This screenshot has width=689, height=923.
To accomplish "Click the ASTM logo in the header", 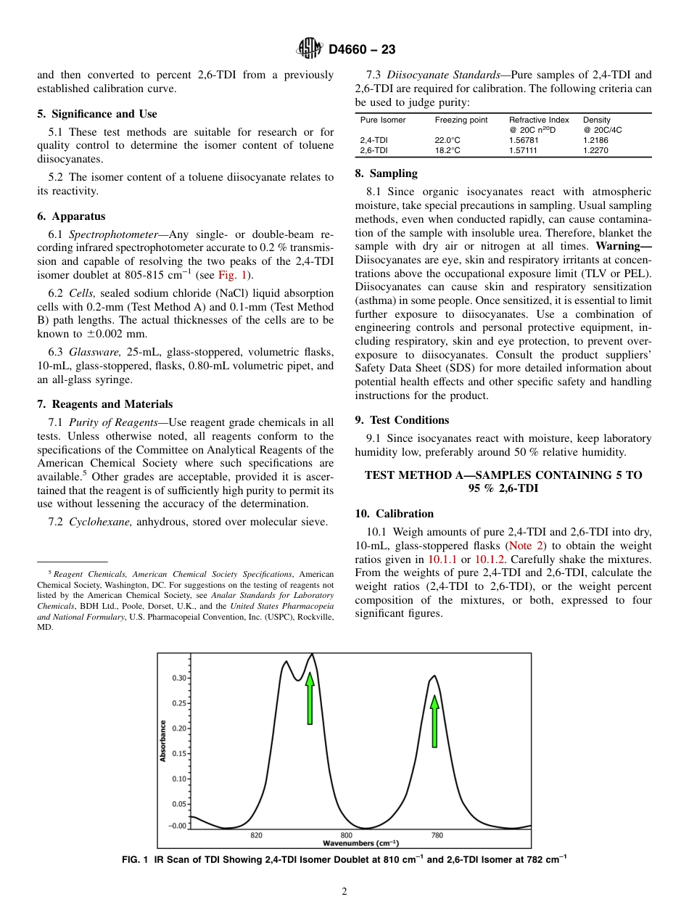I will coord(310,49).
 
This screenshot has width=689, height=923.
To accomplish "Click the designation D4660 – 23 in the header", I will coord(362,49).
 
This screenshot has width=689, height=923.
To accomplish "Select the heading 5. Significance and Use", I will coord(96,114).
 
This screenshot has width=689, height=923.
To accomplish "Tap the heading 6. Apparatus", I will coord(71,216).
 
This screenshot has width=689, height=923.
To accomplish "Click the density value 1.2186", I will coord(595,140).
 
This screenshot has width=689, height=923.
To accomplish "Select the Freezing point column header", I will coord(461,120).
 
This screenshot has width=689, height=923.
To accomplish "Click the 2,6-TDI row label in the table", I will coord(374,150).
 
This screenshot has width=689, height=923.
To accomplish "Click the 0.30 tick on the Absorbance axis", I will coord(178,678).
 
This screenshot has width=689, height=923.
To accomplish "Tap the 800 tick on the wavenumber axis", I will coord(347,835).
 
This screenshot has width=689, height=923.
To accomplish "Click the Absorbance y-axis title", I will coord(163,740).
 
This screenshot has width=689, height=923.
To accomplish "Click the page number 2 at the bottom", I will coord(344,892).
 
